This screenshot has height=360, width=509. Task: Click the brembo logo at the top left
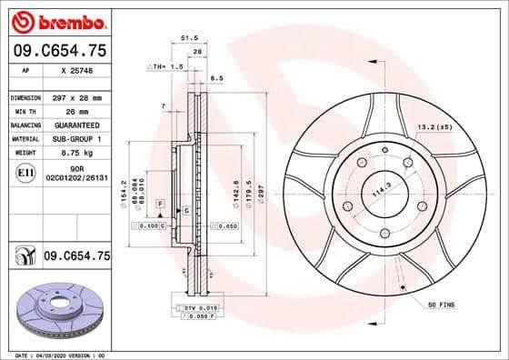pyautogui.click(x=56, y=19)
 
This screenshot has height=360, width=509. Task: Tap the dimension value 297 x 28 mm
pyautogui.click(x=78, y=96)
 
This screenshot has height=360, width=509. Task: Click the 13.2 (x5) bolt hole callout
pyautogui.click(x=434, y=127)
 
